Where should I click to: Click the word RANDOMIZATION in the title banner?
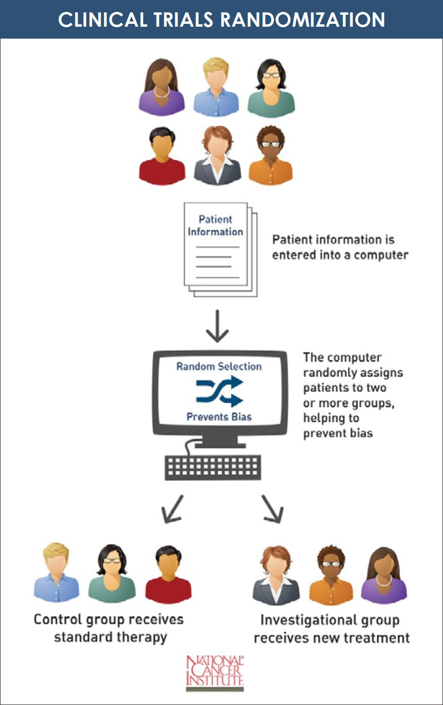point(302,20)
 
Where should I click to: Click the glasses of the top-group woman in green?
point(271,75)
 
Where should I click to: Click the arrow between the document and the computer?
point(217,326)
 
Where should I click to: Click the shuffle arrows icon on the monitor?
point(220,391)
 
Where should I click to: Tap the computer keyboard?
point(213,467)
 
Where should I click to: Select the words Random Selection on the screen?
point(219,367)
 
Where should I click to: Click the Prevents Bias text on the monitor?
point(219,417)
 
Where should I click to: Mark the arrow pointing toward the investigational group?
point(273,509)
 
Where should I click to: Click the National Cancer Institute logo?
point(215,673)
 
